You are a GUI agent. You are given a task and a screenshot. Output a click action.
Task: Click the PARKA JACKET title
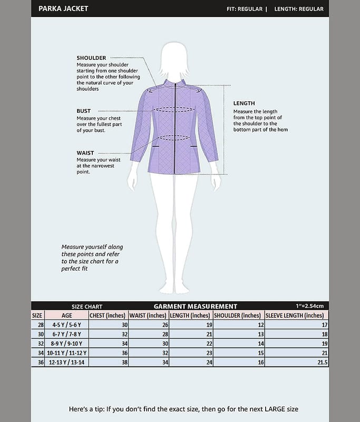pyautogui.click(x=63, y=8)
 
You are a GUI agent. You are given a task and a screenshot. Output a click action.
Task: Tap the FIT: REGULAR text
pyautogui.click(x=244, y=9)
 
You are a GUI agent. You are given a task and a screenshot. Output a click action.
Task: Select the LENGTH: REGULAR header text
pyautogui.click(x=298, y=9)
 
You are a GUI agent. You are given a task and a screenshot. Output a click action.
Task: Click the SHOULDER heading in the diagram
pyautogui.click(x=91, y=58)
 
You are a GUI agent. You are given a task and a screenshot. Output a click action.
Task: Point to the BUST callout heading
pyautogui.click(x=84, y=111)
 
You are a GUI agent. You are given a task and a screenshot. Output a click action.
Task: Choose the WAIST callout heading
pyautogui.click(x=85, y=153)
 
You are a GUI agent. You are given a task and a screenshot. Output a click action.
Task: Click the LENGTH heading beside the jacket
pyautogui.click(x=244, y=103)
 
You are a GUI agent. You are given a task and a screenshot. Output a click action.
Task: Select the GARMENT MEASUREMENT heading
pyautogui.click(x=195, y=306)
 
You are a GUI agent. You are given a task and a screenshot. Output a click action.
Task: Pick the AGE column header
pyautogui.click(x=67, y=315)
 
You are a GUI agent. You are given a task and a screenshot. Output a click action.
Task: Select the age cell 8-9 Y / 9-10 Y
pyautogui.click(x=67, y=343)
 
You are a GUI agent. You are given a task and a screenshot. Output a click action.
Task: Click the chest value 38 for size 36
pyautogui.click(x=124, y=362)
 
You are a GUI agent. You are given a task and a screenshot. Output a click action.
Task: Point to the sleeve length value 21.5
pyautogui.click(x=322, y=362)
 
